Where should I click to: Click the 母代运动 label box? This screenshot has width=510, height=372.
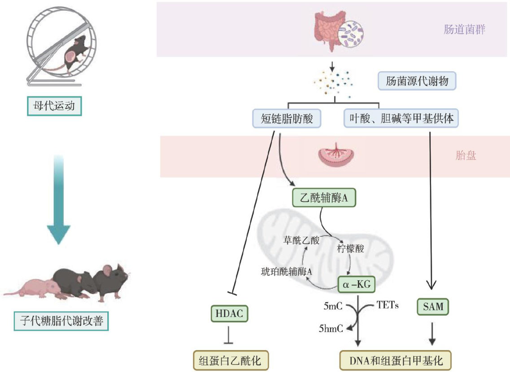pos(54,106)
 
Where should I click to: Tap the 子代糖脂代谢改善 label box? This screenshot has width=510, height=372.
pos(61,321)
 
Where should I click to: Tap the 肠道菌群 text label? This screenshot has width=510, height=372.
pos(464,30)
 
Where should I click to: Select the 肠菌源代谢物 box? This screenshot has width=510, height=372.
pos(417,81)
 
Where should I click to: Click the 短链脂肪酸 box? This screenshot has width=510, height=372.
pos(287,119)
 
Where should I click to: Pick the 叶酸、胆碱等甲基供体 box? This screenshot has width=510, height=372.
pos(401,118)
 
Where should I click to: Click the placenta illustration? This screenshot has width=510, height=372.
pos(336,154)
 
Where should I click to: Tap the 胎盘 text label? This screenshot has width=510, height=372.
pos(466,155)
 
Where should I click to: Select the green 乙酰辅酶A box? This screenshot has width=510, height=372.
pos(324,198)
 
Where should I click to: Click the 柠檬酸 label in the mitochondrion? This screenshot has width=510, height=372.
pos(350,248)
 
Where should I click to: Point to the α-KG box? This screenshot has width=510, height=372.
pos(357,284)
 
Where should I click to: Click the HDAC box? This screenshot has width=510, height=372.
pos(229,313)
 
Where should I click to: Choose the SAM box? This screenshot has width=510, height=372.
pos(433,307)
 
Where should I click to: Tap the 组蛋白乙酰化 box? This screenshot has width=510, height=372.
pos(231,361)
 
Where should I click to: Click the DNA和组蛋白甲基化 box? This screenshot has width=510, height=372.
pos(396,361)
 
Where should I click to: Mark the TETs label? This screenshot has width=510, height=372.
pos(388,305)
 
